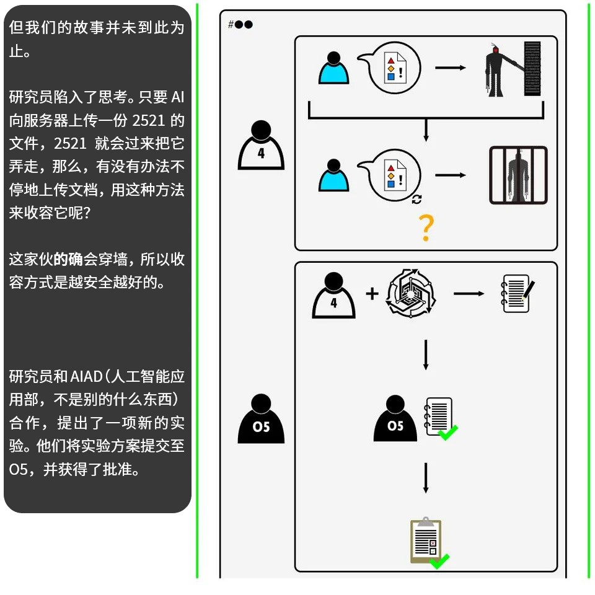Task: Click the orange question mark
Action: coord(426,228)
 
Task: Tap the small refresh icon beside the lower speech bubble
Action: coord(416,199)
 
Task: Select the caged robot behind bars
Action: coord(518,175)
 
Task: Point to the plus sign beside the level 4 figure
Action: coord(372,293)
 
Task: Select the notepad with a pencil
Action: coord(518,293)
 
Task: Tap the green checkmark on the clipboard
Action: coord(439,561)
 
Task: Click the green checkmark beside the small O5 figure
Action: coord(447,432)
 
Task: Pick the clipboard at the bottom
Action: coord(426,541)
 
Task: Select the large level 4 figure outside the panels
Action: coord(261,145)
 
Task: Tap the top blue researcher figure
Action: coord(334,68)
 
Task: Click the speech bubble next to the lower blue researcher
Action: coord(392,175)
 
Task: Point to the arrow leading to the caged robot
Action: coord(451,175)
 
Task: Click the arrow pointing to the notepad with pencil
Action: coord(469,293)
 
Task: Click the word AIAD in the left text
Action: coord(88,377)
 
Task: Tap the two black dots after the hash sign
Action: coord(244,25)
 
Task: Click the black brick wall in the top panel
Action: coord(532,68)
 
